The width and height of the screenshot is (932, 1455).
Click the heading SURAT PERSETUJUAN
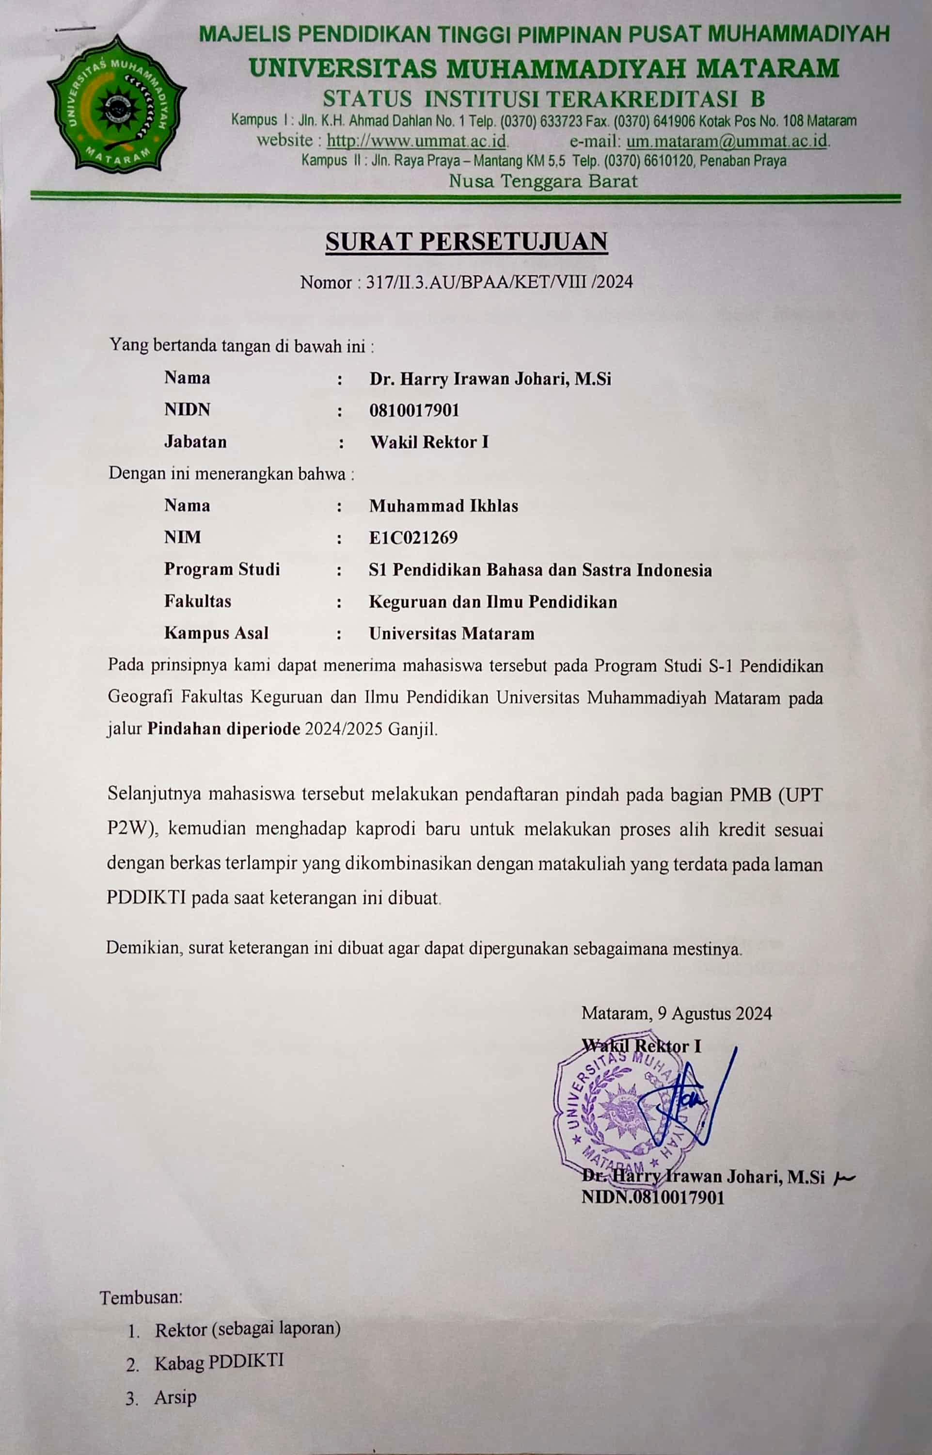(466, 242)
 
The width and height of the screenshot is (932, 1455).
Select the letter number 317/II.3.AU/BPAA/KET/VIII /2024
(499, 282)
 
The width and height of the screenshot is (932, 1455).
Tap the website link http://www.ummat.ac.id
(416, 141)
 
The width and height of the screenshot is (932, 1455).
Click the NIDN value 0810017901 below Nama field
(414, 410)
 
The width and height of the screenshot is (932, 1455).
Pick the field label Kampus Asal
(216, 633)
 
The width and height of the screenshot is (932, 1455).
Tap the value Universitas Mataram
(452, 634)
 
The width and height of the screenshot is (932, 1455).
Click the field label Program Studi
(221, 569)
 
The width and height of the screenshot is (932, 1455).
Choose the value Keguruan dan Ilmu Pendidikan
(492, 602)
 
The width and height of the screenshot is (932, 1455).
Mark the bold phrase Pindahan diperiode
(224, 728)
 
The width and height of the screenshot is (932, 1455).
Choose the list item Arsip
(175, 1397)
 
